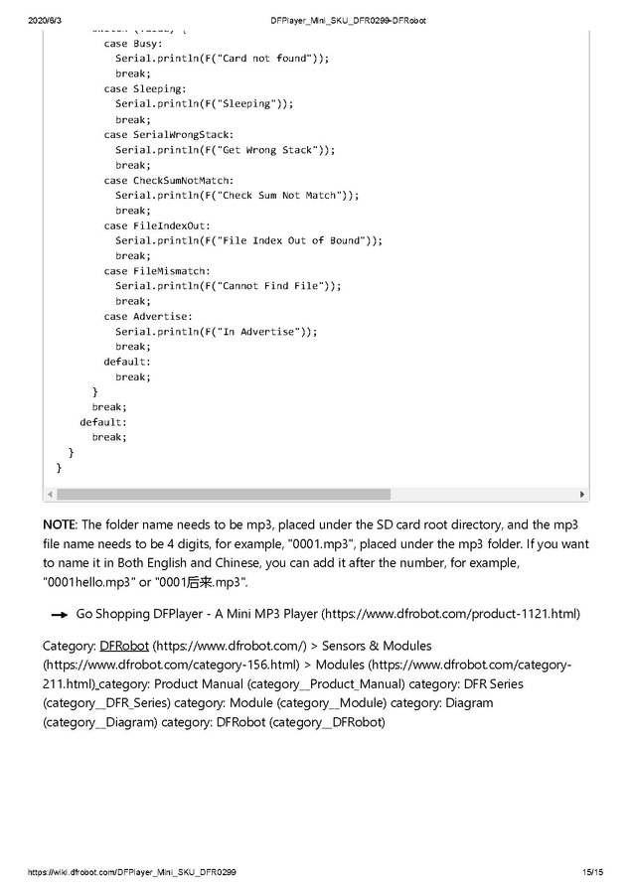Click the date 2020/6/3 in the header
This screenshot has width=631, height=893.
pos(45,20)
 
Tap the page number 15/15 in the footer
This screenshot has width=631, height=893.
pos(592,872)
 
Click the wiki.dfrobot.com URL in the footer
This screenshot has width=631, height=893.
pos(132,872)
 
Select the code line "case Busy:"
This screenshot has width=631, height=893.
pos(134,44)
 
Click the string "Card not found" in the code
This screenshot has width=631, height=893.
pos(262,59)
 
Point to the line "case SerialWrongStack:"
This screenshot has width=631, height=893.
pos(169,134)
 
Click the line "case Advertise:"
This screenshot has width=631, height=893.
pos(148,316)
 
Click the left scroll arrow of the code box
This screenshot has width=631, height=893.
pos(50,495)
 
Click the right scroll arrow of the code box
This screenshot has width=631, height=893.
pos(582,495)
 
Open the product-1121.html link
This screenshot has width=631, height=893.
pos(450,614)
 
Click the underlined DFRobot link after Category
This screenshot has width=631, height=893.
pos(124,646)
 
